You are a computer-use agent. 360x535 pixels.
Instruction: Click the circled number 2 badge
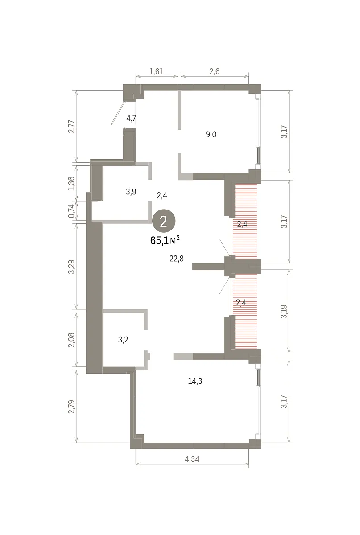[164, 222]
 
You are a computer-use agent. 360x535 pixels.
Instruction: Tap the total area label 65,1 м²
[165, 240]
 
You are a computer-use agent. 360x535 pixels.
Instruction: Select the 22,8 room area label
[177, 259]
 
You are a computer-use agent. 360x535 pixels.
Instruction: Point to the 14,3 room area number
[195, 381]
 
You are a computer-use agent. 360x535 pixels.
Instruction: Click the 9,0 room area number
[211, 135]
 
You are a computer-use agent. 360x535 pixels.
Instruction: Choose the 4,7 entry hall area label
[131, 118]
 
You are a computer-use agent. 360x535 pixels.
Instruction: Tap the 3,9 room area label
[131, 192]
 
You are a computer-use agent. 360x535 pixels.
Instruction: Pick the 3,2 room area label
[123, 340]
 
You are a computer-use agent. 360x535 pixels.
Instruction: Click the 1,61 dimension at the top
[156, 71]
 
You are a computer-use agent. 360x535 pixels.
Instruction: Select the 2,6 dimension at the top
[215, 71]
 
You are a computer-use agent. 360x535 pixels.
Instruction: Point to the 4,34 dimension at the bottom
[192, 459]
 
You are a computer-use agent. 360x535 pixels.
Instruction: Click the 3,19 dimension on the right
[284, 312]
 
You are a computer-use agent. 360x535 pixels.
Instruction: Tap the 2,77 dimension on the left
[72, 127]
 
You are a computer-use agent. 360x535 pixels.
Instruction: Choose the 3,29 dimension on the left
[72, 267]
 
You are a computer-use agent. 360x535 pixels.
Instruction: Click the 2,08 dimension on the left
[72, 340]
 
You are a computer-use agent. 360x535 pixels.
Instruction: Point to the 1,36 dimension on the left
[72, 183]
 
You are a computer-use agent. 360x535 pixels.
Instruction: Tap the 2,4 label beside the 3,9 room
[162, 196]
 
